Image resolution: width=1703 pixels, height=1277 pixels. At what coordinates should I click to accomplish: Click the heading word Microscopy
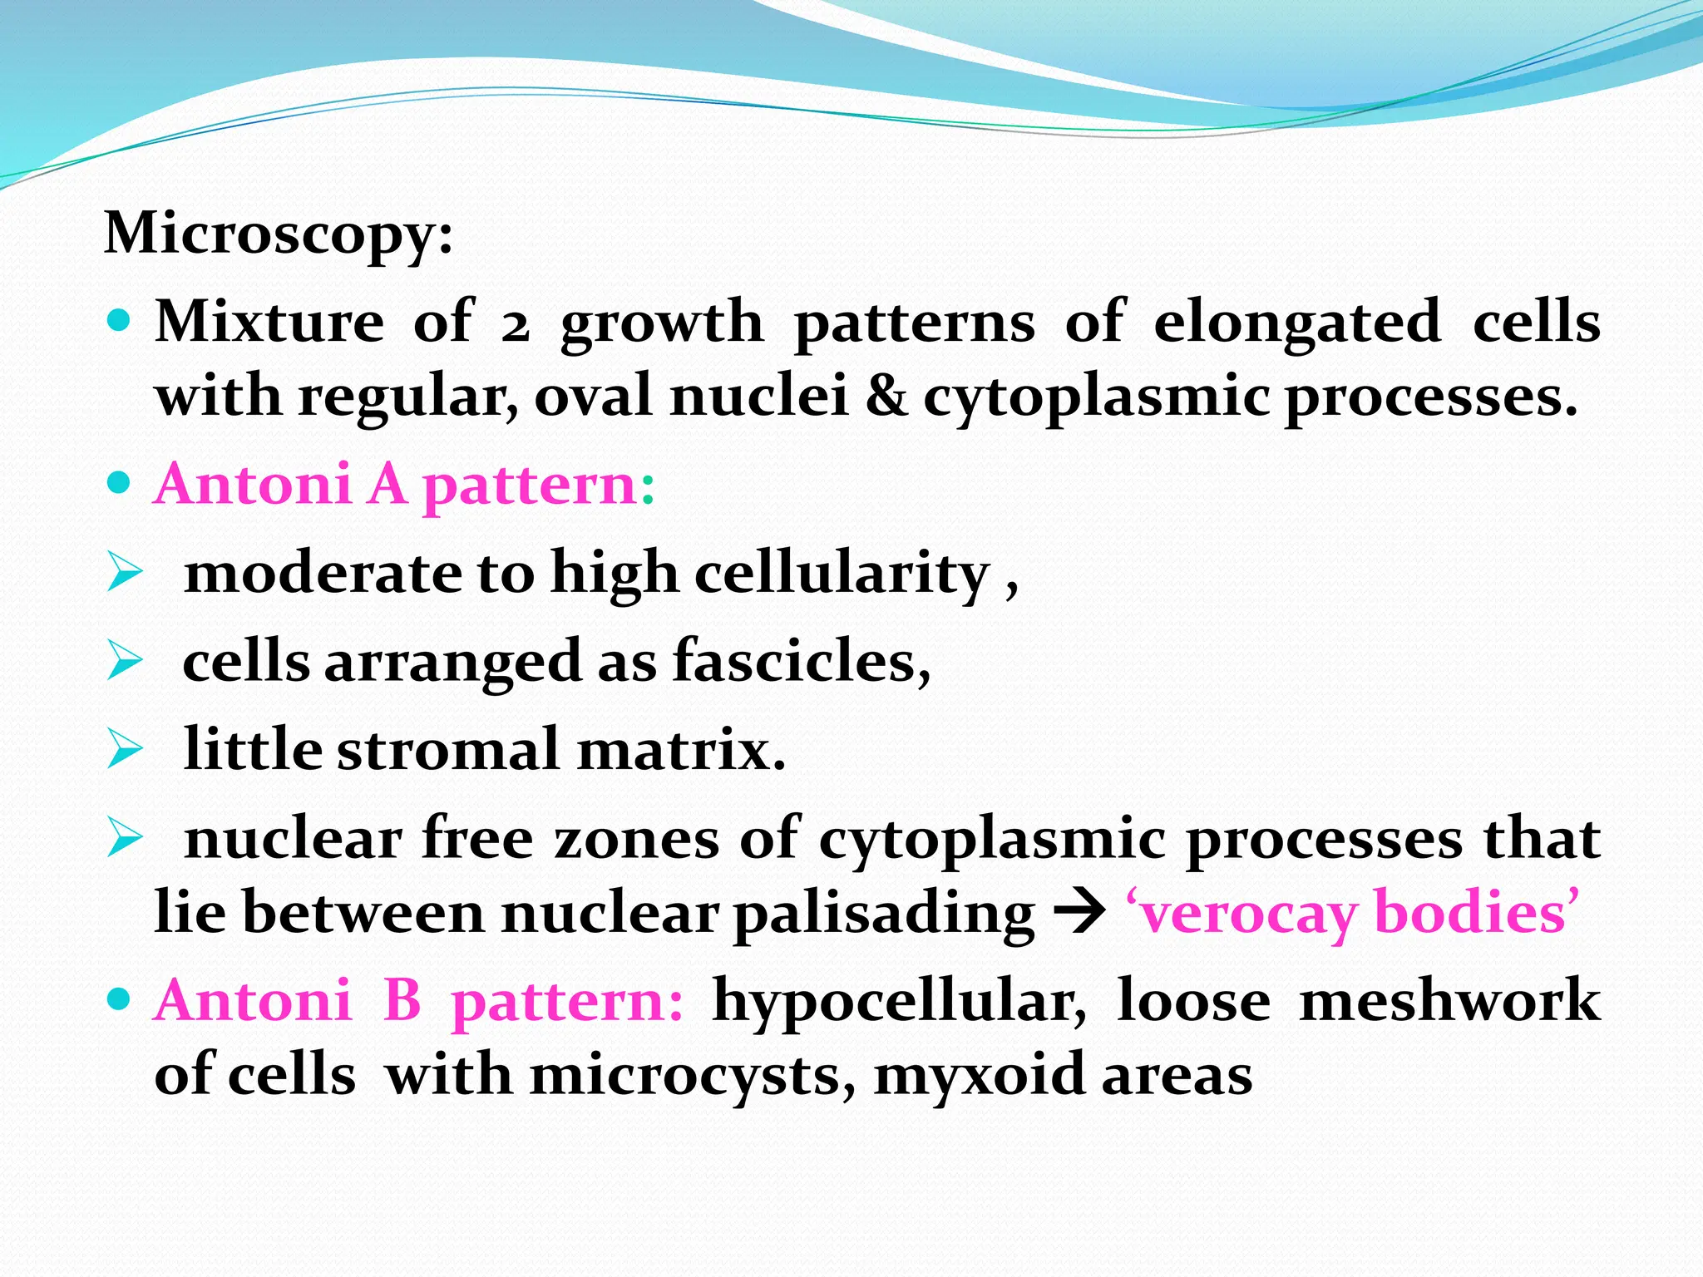[x=279, y=234]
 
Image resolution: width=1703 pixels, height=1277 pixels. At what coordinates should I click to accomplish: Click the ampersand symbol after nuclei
[x=886, y=396]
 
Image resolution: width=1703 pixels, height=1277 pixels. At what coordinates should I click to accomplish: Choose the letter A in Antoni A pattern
[x=387, y=485]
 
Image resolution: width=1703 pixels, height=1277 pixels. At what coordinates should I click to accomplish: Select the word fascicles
[x=801, y=663]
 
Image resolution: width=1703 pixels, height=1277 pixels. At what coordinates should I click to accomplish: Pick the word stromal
[x=448, y=751]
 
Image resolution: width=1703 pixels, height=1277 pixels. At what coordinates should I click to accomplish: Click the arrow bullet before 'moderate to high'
[x=125, y=574]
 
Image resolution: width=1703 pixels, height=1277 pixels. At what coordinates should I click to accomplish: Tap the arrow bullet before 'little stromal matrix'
[x=125, y=751]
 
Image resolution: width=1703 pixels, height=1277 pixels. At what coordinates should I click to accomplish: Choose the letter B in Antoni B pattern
[x=402, y=1000]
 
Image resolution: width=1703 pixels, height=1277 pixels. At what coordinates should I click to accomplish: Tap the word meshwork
[x=1449, y=1000]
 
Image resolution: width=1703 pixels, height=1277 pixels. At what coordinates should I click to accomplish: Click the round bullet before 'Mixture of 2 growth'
[x=120, y=321]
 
